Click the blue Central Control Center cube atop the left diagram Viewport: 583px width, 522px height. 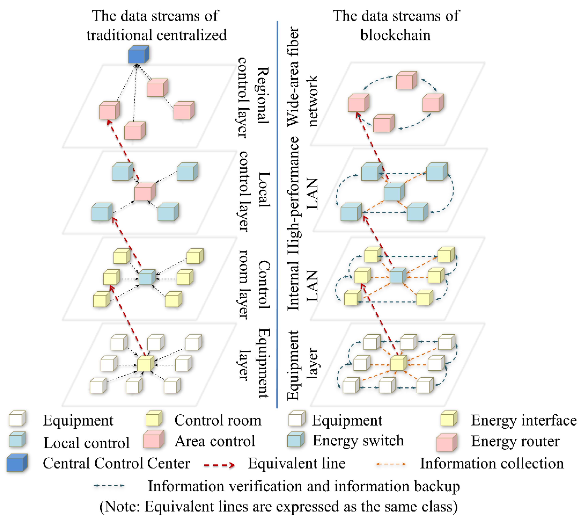click(138, 55)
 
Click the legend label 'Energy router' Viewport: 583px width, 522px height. click(515, 441)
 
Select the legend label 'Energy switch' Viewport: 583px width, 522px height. click(358, 441)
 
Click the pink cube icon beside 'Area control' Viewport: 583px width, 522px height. click(154, 439)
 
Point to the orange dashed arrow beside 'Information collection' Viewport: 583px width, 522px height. click(391, 464)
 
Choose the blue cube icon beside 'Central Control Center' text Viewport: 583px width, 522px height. click(17, 463)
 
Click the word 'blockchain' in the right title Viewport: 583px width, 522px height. click(395, 35)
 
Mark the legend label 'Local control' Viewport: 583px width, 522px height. click(86, 443)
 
